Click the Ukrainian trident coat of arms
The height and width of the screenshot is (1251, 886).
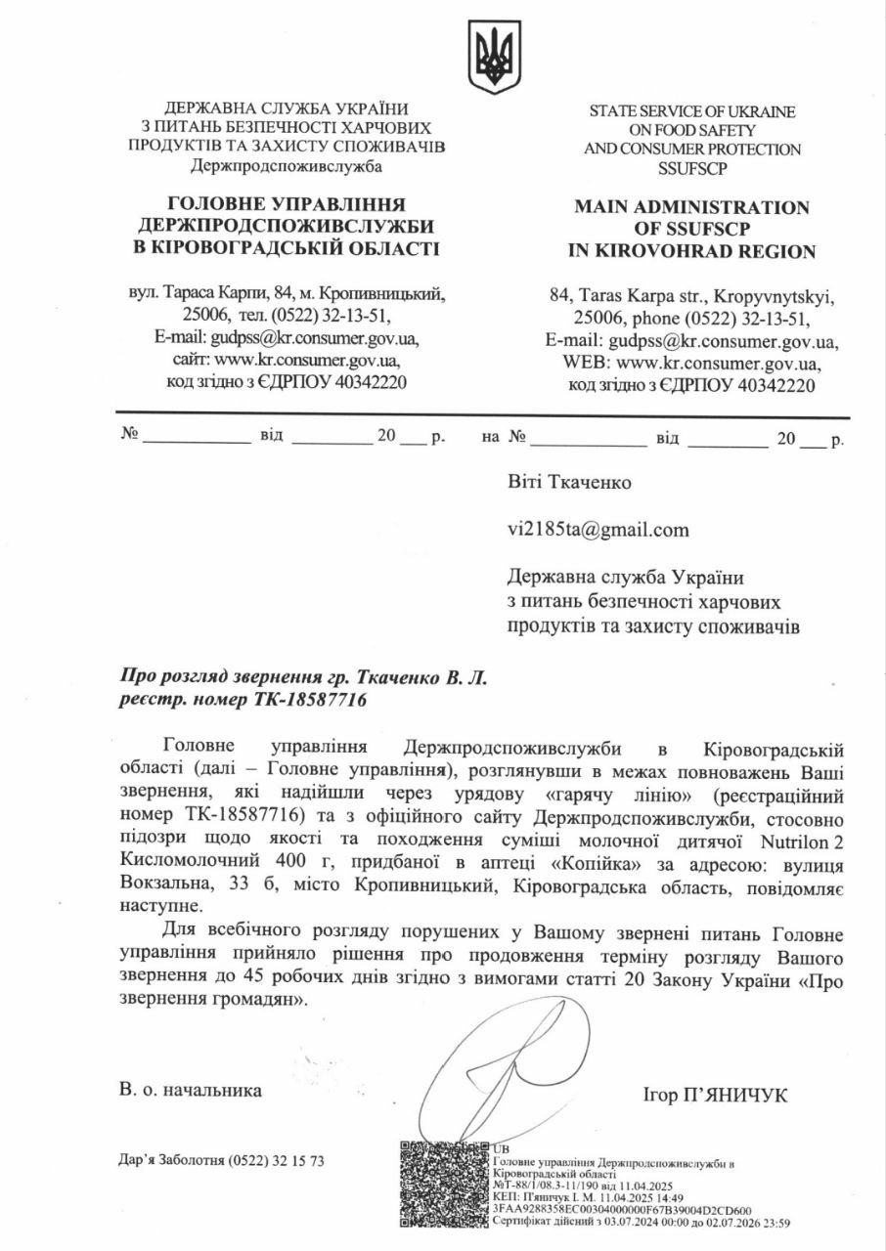495,58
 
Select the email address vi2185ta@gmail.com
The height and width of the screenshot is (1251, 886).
598,530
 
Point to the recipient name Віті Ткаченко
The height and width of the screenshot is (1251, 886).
569,482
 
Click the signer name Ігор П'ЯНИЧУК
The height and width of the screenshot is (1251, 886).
716,1096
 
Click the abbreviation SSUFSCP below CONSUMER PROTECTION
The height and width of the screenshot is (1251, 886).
691,168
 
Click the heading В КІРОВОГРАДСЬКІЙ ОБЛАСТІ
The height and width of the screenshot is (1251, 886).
286,247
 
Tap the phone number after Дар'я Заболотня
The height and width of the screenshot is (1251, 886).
276,1160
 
